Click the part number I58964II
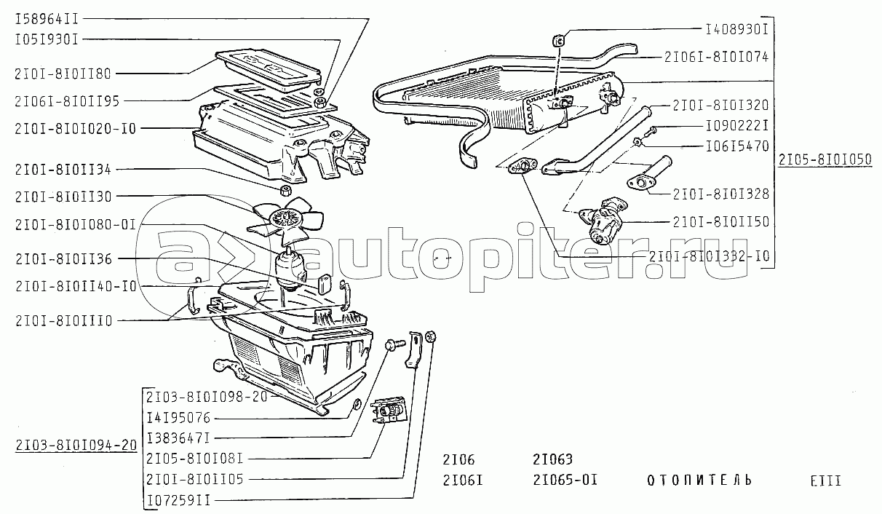pyautogui.click(x=47, y=19)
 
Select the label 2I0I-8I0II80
pyautogui.click(x=63, y=74)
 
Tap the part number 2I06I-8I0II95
pyautogui.click(x=67, y=101)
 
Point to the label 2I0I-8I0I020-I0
pyautogui.click(x=75, y=128)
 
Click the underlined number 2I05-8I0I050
pyautogui.click(x=825, y=159)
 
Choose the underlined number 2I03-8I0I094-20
pyautogui.click(x=76, y=445)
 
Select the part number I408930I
pyautogui.click(x=736, y=29)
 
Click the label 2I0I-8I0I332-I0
pyautogui.click(x=709, y=256)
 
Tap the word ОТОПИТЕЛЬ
pyautogui.click(x=699, y=480)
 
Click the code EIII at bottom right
pyautogui.click(x=826, y=481)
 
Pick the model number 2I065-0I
pyautogui.click(x=565, y=480)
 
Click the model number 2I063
pyautogui.click(x=552, y=459)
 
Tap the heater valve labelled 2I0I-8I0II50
pyautogui.click(x=603, y=220)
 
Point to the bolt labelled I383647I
pyautogui.click(x=395, y=344)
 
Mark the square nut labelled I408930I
pyautogui.click(x=559, y=40)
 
